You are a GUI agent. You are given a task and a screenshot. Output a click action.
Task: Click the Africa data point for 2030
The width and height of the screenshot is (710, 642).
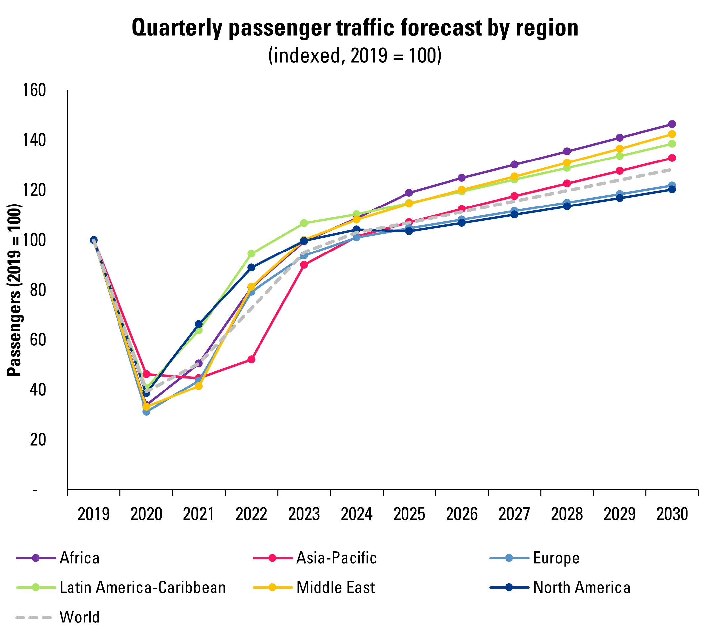point(672,124)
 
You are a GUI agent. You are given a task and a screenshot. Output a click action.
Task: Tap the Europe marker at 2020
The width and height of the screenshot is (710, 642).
point(146,411)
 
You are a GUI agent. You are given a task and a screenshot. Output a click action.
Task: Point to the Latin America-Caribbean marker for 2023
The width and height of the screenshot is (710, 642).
point(304,223)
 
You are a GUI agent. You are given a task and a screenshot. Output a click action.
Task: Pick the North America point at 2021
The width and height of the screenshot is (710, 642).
point(199,324)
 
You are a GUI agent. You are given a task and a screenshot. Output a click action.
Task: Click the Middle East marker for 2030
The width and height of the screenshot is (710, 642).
point(672,134)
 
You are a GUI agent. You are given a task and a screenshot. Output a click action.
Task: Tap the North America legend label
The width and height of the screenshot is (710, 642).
point(582,587)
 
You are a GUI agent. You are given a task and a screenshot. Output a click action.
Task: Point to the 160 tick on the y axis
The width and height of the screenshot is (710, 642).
point(34,90)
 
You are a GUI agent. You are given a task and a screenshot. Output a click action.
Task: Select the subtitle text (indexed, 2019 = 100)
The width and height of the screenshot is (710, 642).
point(355,55)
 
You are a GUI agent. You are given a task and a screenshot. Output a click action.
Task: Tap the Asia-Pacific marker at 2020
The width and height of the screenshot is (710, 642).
point(146,374)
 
